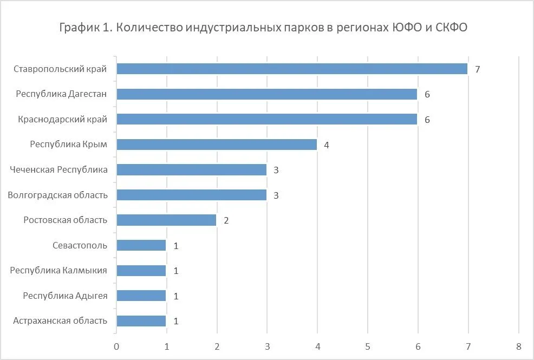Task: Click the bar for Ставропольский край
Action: point(292,69)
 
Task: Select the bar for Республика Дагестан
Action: point(267,94)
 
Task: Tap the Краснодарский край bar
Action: point(267,119)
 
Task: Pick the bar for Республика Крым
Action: point(217,145)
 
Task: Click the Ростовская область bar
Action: point(166,220)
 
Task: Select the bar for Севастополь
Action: point(141,245)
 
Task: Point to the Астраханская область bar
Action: point(141,320)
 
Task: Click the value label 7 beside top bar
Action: point(478,69)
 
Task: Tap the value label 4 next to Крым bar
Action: point(327,145)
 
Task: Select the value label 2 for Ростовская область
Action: point(226,220)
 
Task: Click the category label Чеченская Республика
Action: point(58,169)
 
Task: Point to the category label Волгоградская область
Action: point(57,195)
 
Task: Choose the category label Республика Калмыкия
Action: point(58,270)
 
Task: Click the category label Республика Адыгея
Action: point(65,296)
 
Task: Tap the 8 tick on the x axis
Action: point(518,346)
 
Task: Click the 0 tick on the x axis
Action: point(116,346)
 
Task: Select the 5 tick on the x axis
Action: point(368,346)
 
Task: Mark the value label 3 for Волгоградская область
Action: point(276,195)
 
